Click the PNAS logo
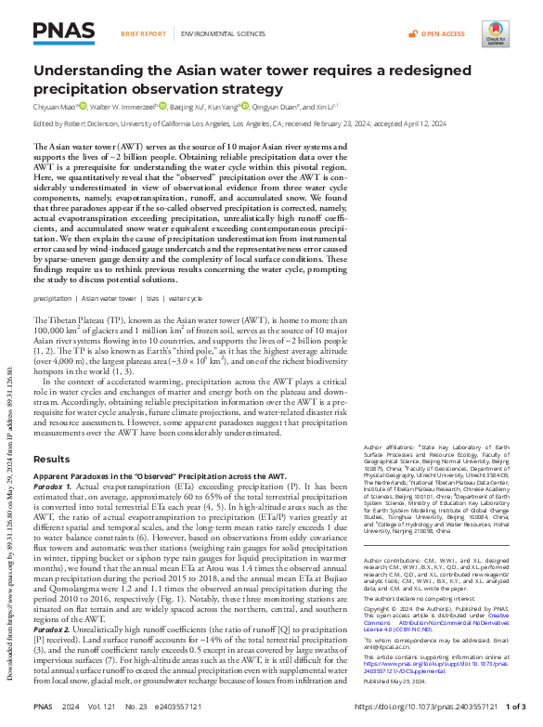pyautogui.click(x=64, y=34)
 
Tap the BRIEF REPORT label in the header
pyautogui.click(x=144, y=33)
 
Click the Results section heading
pyautogui.click(x=51, y=459)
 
